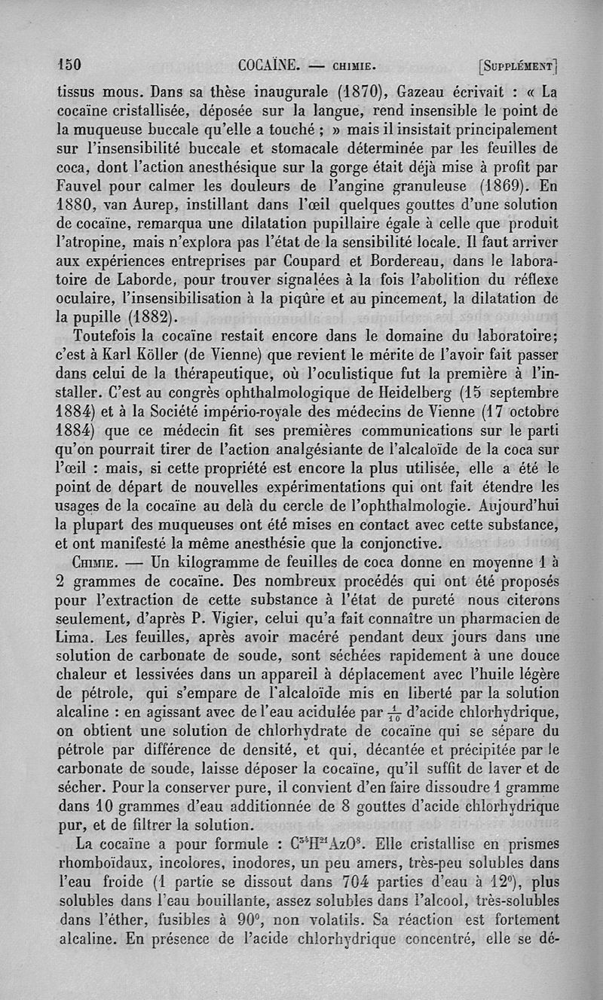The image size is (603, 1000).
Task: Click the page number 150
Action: click(69, 63)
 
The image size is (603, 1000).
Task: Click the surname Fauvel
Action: click(84, 184)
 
